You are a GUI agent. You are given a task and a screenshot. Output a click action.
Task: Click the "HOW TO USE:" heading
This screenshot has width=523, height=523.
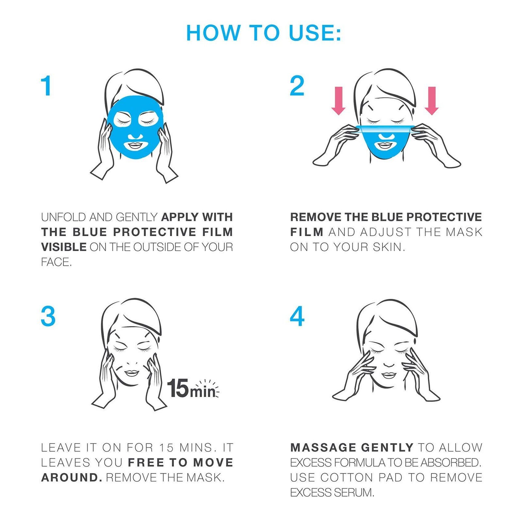(263, 33)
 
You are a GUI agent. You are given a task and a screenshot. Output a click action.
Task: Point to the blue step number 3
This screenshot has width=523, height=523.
(48, 316)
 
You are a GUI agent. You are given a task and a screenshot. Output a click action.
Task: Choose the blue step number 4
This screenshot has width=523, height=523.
(297, 316)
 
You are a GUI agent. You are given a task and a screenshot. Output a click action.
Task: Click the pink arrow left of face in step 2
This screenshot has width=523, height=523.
(338, 101)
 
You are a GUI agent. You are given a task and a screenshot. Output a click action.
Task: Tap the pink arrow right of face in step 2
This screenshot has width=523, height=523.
(432, 101)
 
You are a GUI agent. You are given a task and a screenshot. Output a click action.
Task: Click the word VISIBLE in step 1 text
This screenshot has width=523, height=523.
(64, 247)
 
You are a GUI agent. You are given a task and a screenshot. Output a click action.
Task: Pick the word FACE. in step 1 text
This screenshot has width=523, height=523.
(56, 262)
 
